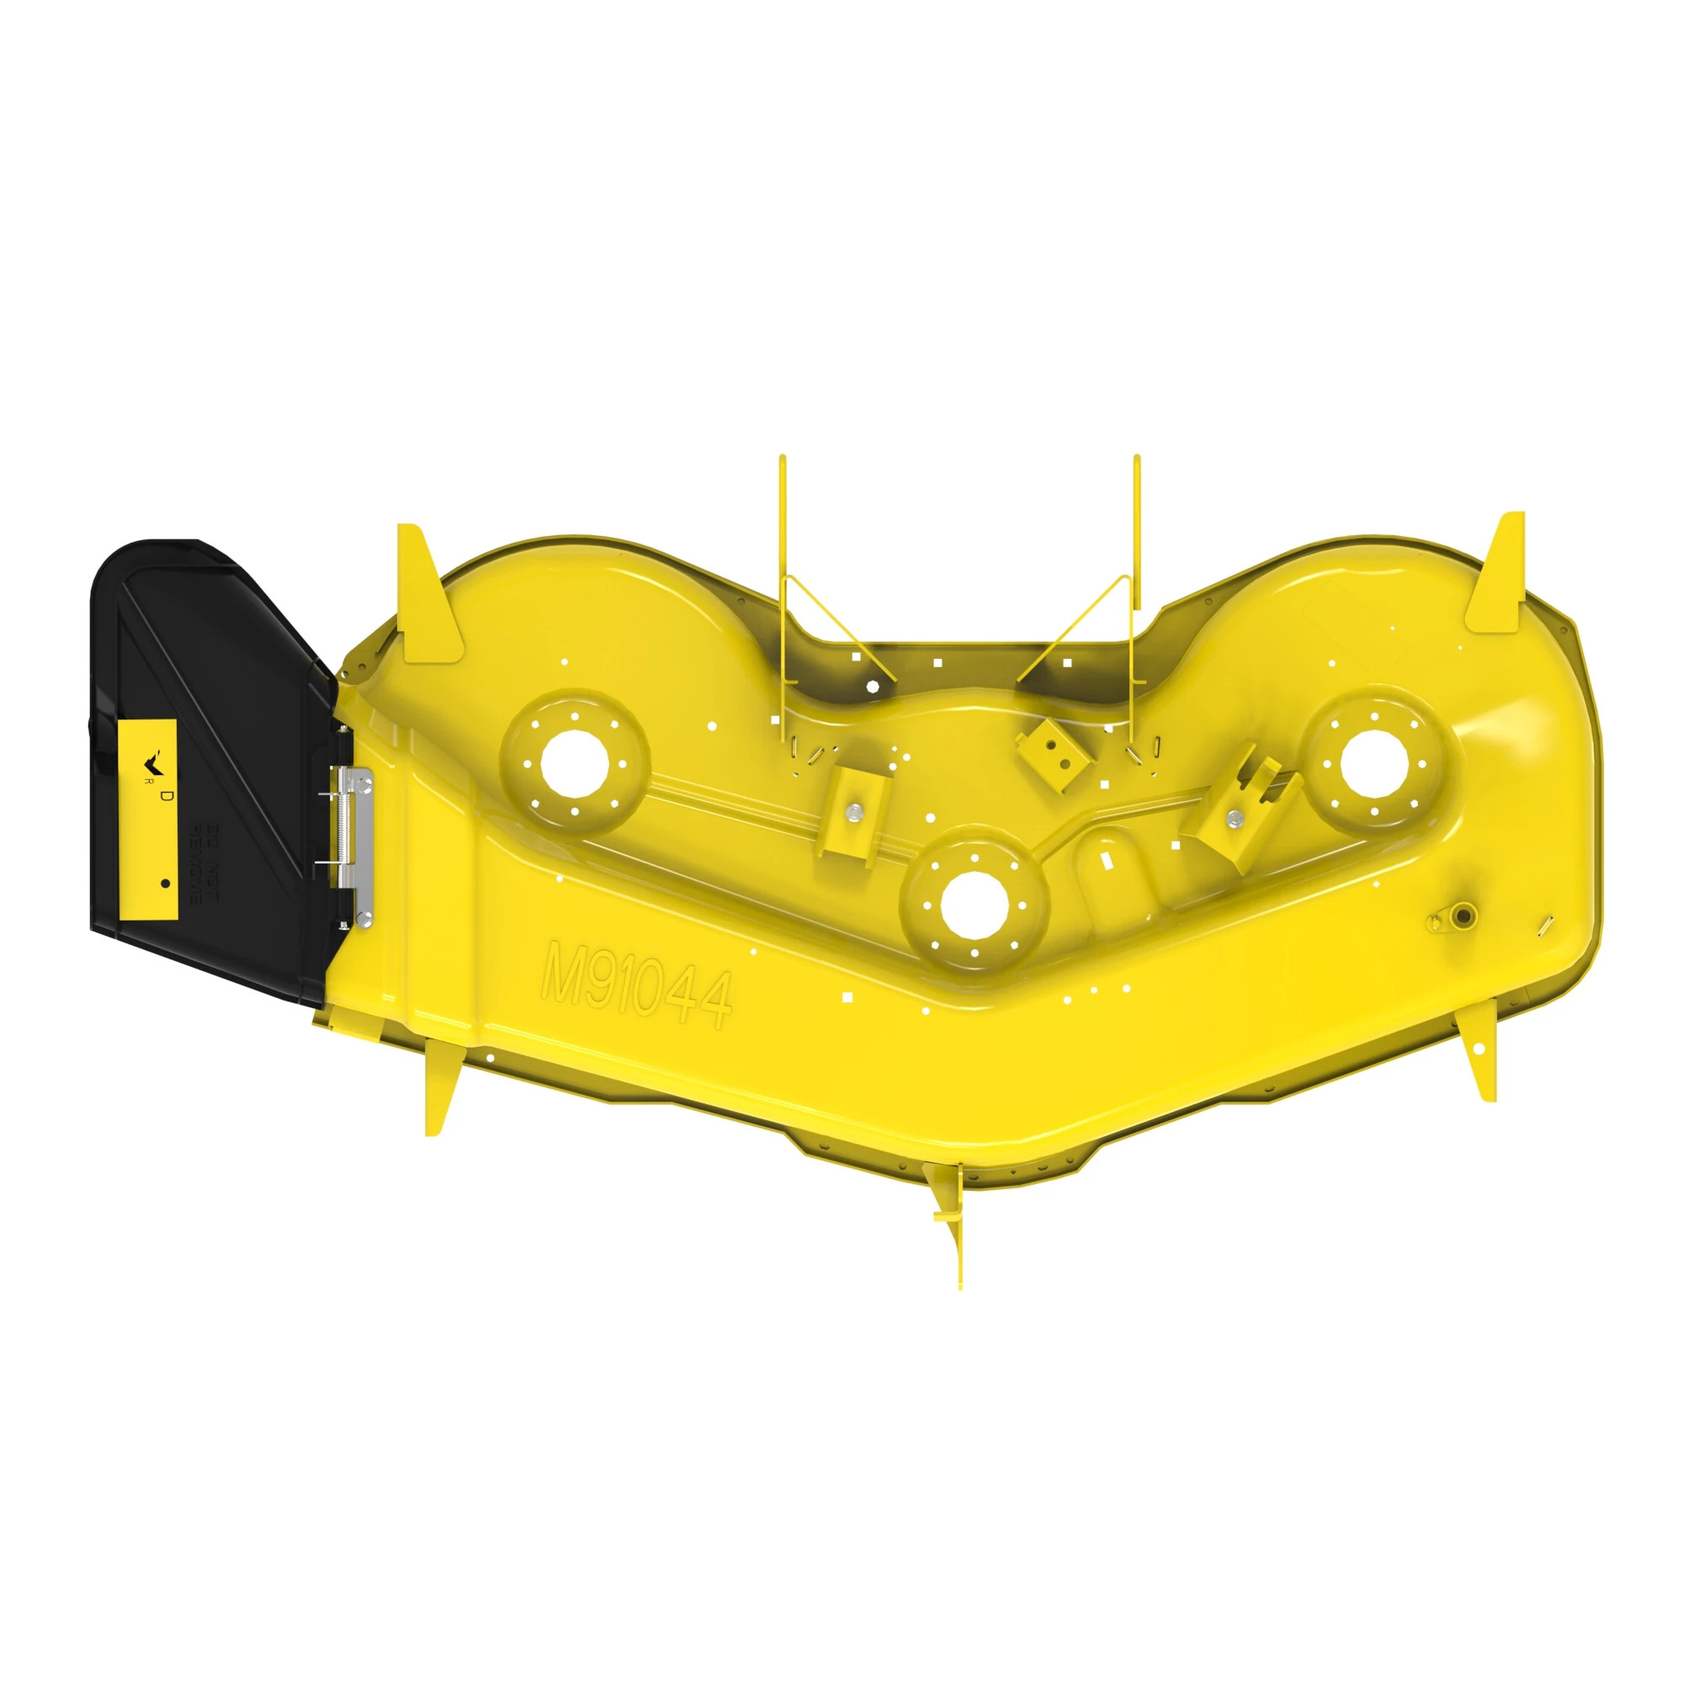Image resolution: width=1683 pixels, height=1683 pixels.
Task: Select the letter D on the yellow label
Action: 167,796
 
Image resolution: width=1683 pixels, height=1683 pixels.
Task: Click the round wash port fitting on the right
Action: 1463,915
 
